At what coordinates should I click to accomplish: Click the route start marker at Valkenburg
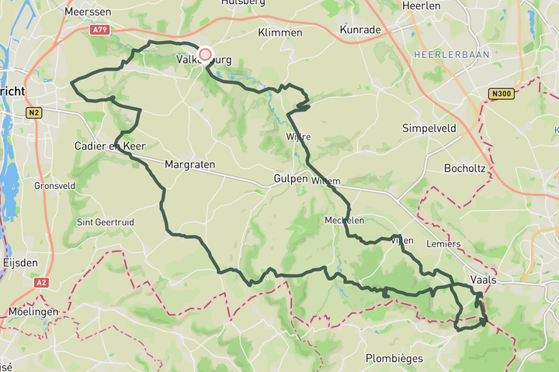[x=205, y=54]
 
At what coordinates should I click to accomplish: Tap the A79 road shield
[x=99, y=29]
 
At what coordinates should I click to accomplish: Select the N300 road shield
[x=501, y=94]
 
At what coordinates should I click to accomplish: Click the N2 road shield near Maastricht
[x=33, y=112]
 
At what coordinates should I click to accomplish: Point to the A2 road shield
[x=41, y=283]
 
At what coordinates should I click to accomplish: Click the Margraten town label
[x=190, y=165]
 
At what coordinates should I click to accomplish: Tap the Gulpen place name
[x=291, y=179]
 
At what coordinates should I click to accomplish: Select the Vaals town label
[x=484, y=278]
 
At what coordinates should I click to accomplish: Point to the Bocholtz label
[x=464, y=167]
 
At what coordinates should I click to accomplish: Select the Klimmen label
[x=280, y=33]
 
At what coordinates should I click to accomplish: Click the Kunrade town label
[x=361, y=29]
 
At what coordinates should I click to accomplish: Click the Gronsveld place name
[x=54, y=186]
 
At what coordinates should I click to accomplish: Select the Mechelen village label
[x=345, y=220]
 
